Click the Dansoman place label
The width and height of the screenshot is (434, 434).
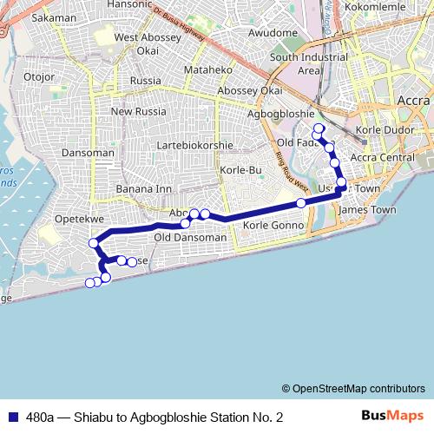[x=89, y=153]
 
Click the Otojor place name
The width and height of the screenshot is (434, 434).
[x=39, y=76]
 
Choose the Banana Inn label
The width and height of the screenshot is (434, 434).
[x=145, y=188]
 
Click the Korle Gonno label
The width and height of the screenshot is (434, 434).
[x=273, y=226]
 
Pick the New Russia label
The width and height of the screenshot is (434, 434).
[x=132, y=111]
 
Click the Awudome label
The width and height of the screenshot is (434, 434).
[x=273, y=32]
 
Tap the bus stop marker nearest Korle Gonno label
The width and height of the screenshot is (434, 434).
[x=301, y=203]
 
